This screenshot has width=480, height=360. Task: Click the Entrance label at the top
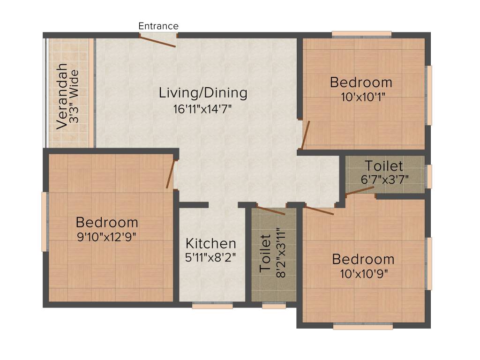pos(158,26)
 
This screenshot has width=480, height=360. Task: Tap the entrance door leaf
pos(157,41)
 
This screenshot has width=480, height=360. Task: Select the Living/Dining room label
pos(203,93)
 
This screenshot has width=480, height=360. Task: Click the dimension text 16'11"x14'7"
pos(202,109)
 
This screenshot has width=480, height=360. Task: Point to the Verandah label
pos(62,96)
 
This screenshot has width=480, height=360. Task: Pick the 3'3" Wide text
pos(74,97)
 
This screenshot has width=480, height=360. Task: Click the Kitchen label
pos(211,244)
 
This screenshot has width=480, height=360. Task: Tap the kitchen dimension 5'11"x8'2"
pos(210,258)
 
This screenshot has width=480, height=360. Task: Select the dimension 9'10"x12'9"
pos(106,237)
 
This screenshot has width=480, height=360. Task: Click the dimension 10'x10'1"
pos(363,97)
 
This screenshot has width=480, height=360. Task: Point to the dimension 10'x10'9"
pos(364,274)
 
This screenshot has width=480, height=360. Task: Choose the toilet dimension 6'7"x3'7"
pos(385,180)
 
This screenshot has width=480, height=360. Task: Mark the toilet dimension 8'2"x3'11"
pos(281,253)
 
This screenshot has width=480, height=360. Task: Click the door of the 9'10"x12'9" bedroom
pos(171,174)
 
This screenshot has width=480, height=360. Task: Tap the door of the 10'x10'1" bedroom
pos(306,135)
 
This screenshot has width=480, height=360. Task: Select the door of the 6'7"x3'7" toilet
pos(360,190)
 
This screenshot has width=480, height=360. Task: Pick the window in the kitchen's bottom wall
pos(212,305)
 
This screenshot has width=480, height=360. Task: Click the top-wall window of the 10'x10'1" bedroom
pos(361,34)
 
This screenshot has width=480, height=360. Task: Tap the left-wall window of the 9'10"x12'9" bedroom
pos(45,222)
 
